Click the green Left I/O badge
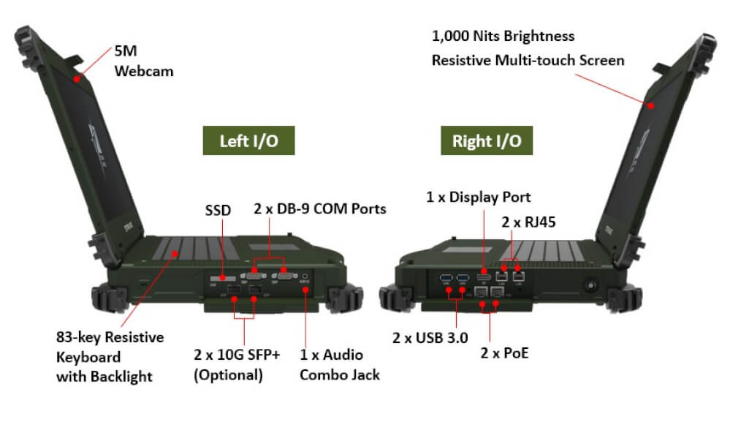coord(248,140)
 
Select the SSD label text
coord(217,211)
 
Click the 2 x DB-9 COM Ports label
coord(320,209)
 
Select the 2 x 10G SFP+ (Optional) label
coord(237,365)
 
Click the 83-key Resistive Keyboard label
coord(109,357)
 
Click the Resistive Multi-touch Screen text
coord(528,60)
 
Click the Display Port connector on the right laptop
coord(483,277)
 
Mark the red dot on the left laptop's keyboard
coord(175,254)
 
